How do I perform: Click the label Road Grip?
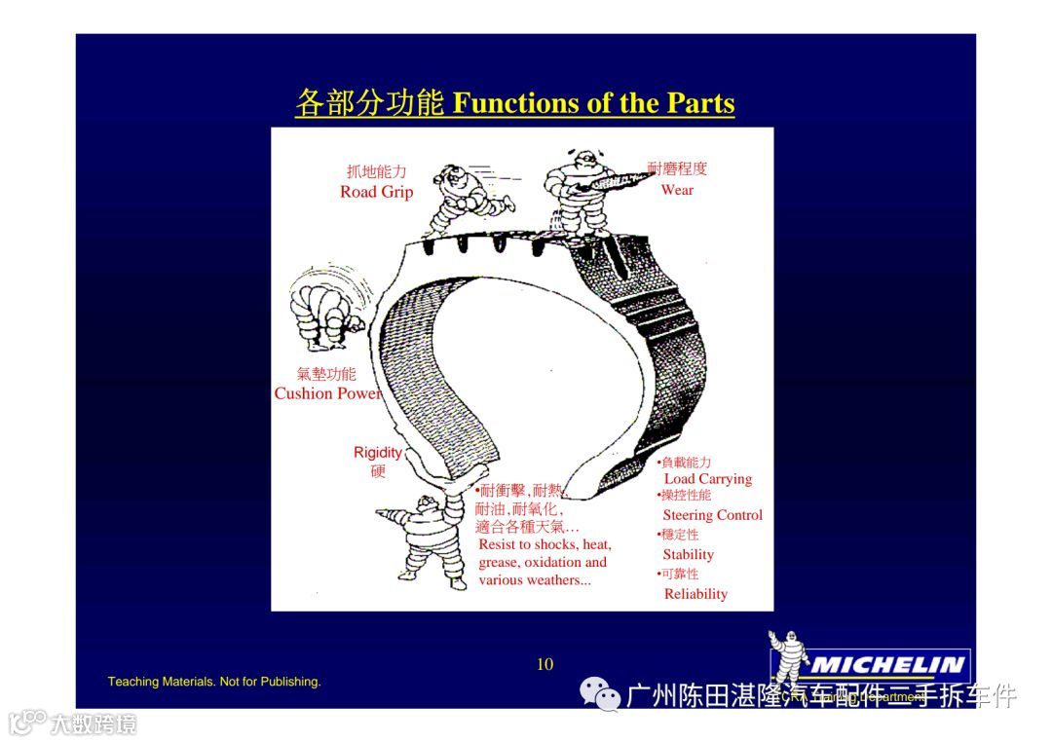[x=376, y=192]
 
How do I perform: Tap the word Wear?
[x=677, y=190]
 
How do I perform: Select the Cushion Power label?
[x=327, y=393]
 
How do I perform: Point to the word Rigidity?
[x=378, y=452]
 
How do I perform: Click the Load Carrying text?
[x=708, y=479]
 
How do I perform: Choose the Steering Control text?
[x=713, y=515]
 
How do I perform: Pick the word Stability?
[x=689, y=554]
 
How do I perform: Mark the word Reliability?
[x=695, y=594]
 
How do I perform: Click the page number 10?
[x=545, y=664]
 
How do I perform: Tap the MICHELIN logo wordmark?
[x=886, y=666]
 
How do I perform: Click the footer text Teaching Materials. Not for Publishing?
[x=214, y=682]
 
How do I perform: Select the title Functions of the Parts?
[x=594, y=103]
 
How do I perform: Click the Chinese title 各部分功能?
[x=370, y=103]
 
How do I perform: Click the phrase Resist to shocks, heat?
[x=545, y=544]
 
